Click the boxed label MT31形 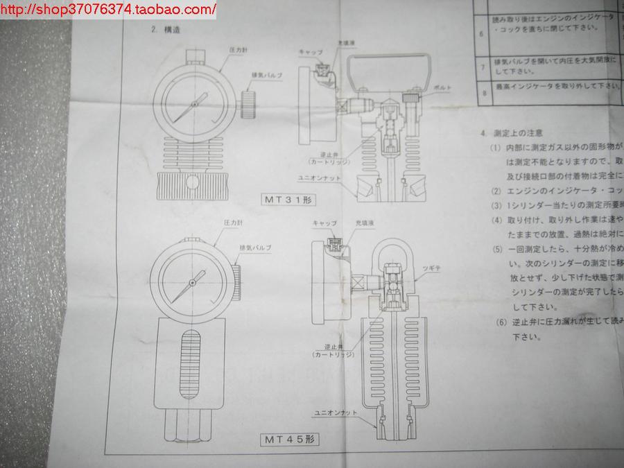(x=285, y=200)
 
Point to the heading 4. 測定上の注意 (x=511, y=132)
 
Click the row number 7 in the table (x=484, y=66)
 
